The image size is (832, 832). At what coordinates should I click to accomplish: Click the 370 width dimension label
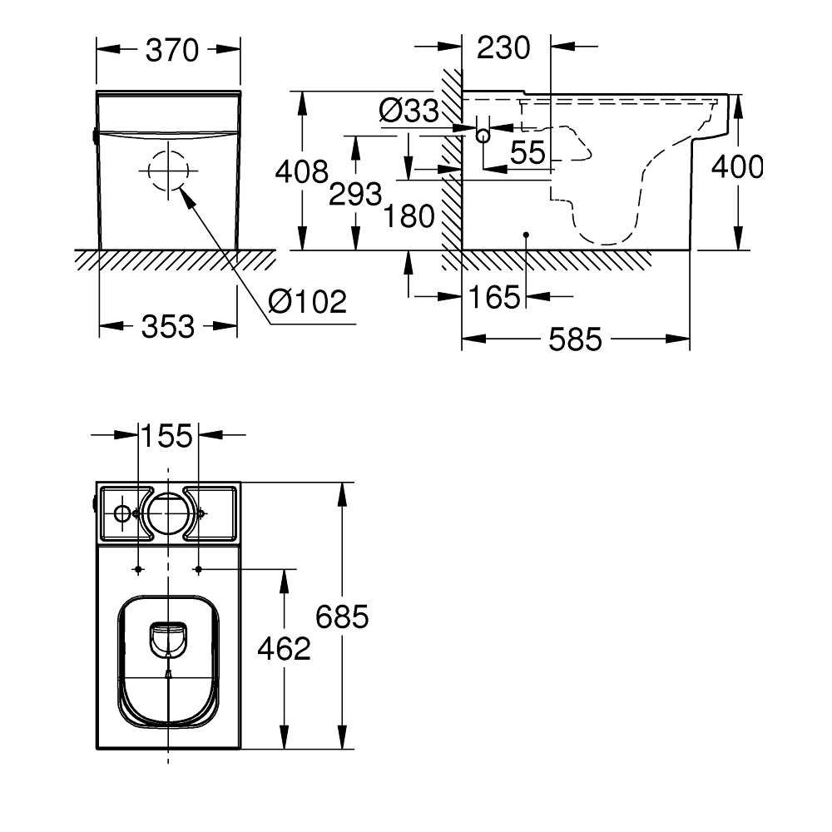click(172, 51)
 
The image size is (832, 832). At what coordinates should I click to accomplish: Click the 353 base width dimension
click(168, 326)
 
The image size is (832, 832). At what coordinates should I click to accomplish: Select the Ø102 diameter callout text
click(307, 300)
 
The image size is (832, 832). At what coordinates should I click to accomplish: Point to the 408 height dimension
click(302, 171)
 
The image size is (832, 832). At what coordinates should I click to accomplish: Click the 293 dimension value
click(355, 195)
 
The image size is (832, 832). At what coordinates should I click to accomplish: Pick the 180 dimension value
click(409, 216)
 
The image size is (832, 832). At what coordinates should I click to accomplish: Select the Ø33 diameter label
click(408, 111)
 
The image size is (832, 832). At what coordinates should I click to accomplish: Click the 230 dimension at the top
click(503, 48)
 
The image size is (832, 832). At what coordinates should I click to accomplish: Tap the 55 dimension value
click(527, 152)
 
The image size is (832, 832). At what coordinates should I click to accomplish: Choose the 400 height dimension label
click(736, 167)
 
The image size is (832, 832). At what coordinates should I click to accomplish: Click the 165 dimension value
click(495, 297)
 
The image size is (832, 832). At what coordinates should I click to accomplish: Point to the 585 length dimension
click(576, 339)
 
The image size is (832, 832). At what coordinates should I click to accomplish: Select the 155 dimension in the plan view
click(167, 435)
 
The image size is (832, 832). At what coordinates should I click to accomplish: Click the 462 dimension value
click(285, 649)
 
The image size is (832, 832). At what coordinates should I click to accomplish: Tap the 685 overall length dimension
click(342, 617)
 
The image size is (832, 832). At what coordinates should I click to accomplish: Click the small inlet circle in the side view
click(483, 135)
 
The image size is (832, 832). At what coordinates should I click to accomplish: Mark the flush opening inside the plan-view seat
click(169, 639)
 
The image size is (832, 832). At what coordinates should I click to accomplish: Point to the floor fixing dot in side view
click(526, 235)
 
